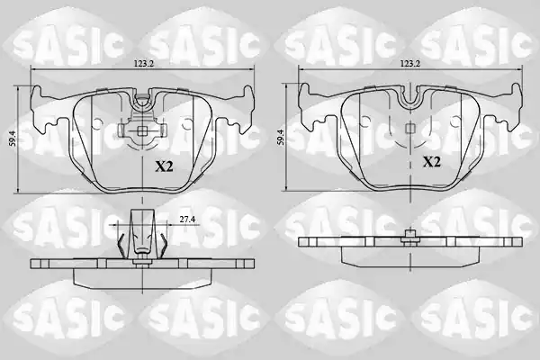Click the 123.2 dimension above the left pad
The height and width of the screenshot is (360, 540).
coord(143,63)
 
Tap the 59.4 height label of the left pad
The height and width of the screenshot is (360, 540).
coord(13,139)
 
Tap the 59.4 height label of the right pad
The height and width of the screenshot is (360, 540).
coord(281,137)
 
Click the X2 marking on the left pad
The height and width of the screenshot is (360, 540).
coord(164,167)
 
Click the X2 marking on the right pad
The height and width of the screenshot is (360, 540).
coord(432,162)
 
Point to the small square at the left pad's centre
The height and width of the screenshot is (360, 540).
coord(142,130)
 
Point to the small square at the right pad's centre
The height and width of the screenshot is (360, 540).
coord(409,128)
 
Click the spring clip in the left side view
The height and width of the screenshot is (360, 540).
coord(142,237)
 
